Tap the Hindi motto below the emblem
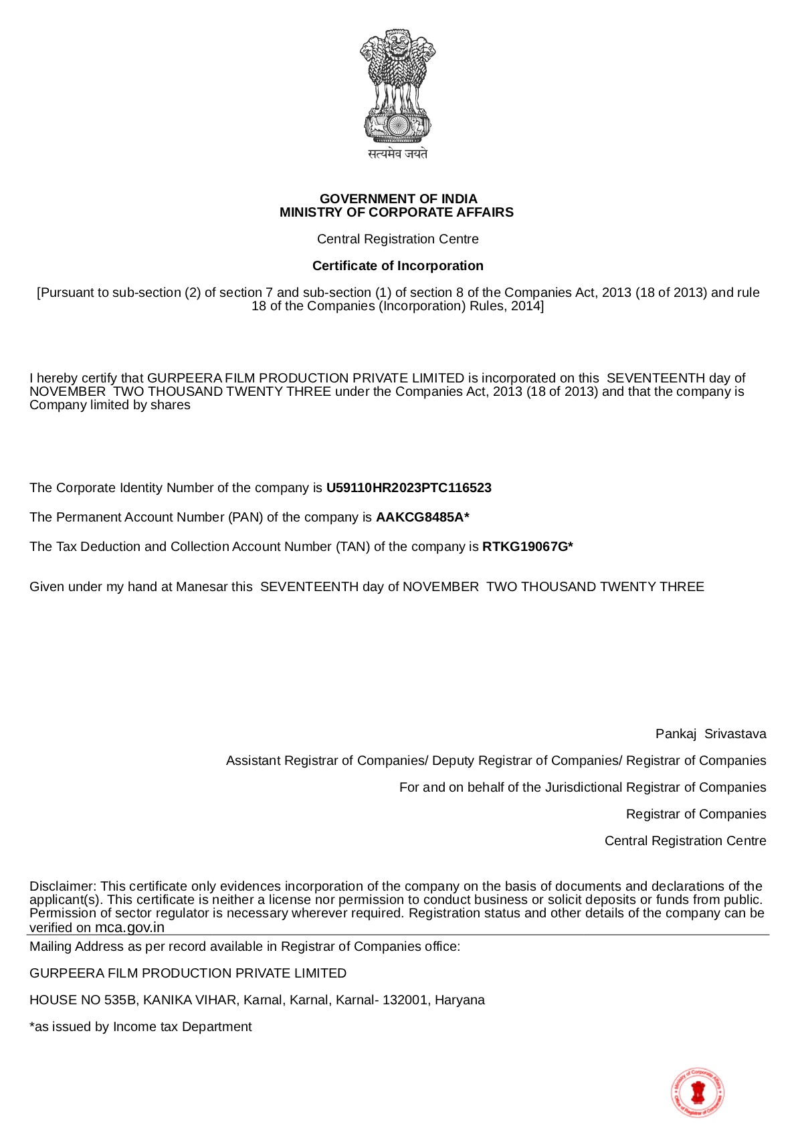click(x=397, y=154)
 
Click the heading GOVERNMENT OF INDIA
click(x=398, y=199)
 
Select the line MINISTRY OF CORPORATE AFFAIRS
click(x=397, y=213)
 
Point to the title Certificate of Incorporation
click(x=397, y=265)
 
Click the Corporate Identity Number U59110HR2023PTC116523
click(x=409, y=488)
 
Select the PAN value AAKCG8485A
click(x=419, y=518)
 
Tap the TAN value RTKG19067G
click(x=524, y=547)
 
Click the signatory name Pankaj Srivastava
click(x=710, y=734)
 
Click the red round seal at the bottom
click(x=698, y=1092)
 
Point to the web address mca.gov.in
click(x=129, y=927)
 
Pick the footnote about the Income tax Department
click(x=140, y=1027)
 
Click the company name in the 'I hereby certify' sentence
click(x=306, y=378)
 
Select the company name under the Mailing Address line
click(x=188, y=974)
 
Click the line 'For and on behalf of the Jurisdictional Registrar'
click(x=582, y=788)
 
